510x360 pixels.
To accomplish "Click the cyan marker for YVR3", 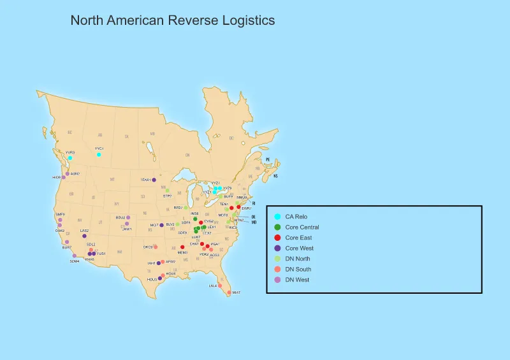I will click(x=70, y=157).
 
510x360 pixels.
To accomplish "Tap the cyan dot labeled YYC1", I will click(x=98, y=154).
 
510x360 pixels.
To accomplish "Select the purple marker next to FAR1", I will click(x=154, y=180).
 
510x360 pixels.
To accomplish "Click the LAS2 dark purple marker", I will click(x=84, y=236).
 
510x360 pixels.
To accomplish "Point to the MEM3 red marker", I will click(x=182, y=247).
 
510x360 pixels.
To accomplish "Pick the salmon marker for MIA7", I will click(x=229, y=292).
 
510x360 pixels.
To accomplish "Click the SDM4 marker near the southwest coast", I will click(x=75, y=256).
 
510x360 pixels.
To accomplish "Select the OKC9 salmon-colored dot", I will click(x=156, y=247).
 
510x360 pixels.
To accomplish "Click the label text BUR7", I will click(x=66, y=247).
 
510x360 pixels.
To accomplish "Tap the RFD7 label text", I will click(x=178, y=208).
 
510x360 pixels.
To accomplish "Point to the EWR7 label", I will click(x=246, y=208).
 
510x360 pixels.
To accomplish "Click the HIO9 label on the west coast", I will click(x=56, y=177).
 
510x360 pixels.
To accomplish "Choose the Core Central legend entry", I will click(x=302, y=227).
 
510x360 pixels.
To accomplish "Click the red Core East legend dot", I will click(x=277, y=238).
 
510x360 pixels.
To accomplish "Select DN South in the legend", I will click(x=298, y=269).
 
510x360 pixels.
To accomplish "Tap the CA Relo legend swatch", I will click(x=277, y=217).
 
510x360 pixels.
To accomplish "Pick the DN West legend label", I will click(x=297, y=280).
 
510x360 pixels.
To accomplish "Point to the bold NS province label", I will click(x=275, y=176).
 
